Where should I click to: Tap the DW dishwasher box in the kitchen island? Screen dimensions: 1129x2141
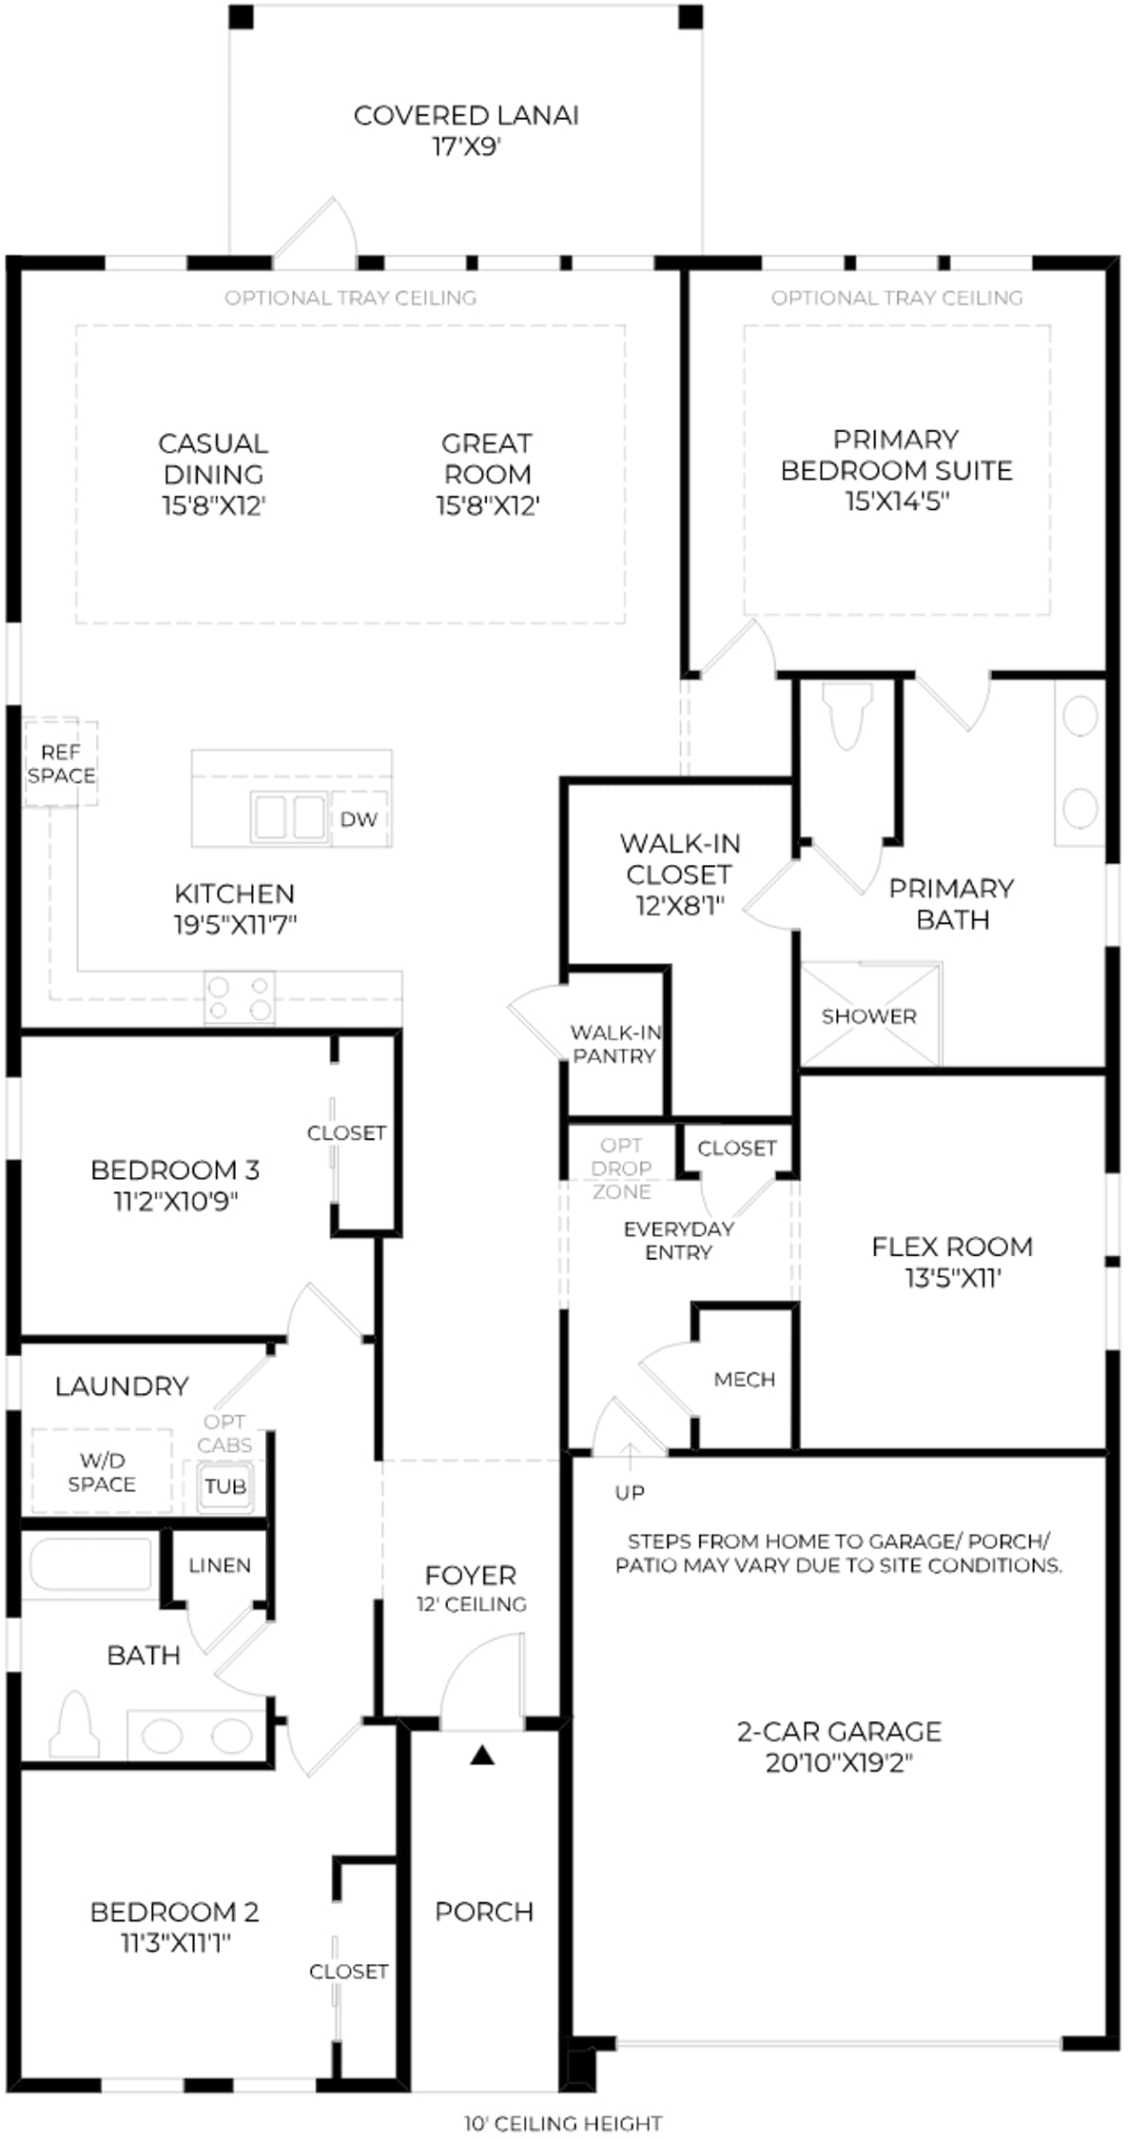(359, 819)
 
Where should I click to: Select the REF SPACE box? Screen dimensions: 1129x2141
(61, 764)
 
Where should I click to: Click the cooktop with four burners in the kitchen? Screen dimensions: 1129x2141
(240, 998)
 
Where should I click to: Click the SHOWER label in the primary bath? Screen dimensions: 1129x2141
(868, 1016)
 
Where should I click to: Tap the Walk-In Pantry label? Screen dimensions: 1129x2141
(615, 1044)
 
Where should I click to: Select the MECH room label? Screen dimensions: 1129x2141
(745, 1379)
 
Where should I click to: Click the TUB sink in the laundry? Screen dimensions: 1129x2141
(225, 1486)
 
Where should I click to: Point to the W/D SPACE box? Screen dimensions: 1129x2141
(102, 1472)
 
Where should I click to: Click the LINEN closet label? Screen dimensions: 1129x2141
(220, 1565)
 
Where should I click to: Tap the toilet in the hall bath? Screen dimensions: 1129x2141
(75, 1725)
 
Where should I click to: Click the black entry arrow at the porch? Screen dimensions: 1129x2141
(482, 1755)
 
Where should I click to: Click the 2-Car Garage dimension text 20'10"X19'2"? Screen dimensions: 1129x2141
(839, 1763)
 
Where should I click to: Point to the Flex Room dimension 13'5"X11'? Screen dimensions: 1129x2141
(952, 1278)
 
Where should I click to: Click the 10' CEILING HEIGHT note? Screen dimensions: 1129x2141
(563, 2123)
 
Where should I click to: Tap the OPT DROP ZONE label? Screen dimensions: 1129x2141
(621, 1168)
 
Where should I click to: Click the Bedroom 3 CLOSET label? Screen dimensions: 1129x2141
(346, 1133)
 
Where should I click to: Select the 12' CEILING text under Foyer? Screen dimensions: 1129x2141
(471, 1604)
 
